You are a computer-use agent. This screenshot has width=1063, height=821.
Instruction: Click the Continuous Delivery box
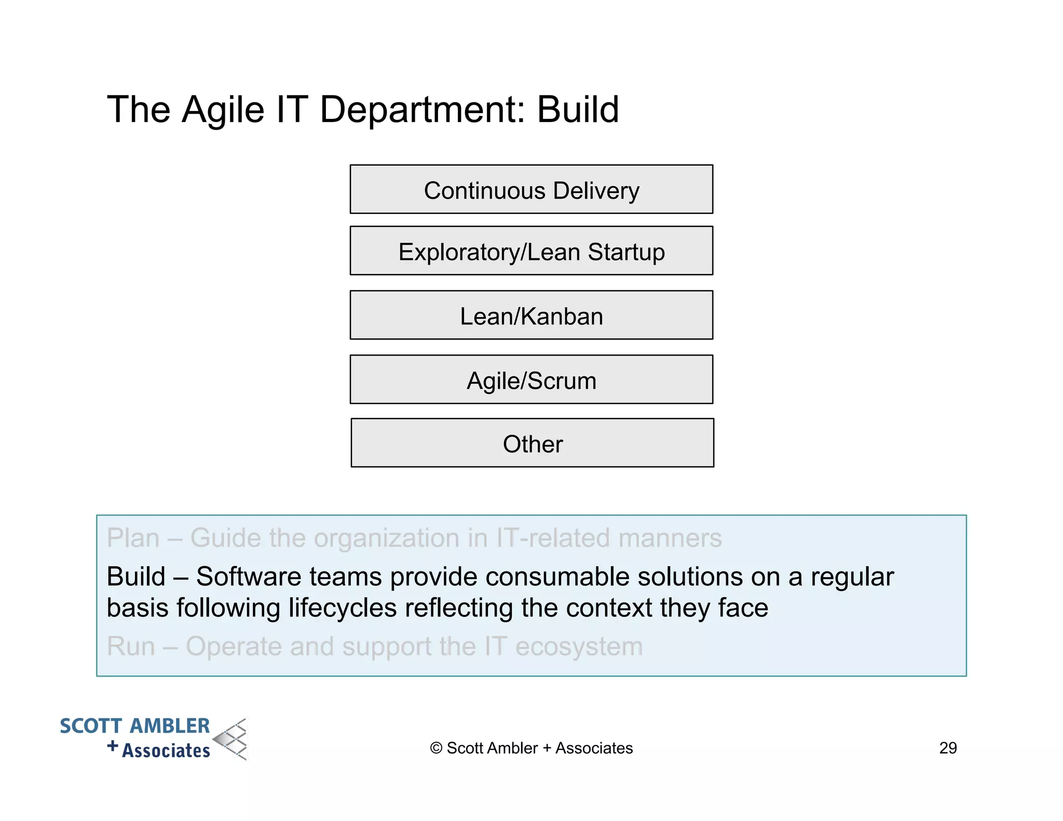pos(531,190)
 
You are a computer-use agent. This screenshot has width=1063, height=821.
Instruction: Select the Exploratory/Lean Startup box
pos(531,251)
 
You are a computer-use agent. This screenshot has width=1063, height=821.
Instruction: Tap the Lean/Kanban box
pos(531,316)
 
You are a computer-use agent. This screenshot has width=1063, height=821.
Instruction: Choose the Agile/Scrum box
pos(531,380)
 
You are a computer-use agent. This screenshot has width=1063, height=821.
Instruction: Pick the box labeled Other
pos(532,443)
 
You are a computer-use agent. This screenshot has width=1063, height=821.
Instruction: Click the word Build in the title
pos(577,110)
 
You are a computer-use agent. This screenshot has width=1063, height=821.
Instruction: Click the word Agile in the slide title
pos(223,110)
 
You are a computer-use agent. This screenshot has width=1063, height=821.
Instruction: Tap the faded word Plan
pos(133,538)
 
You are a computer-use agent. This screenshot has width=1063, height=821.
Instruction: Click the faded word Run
pos(131,647)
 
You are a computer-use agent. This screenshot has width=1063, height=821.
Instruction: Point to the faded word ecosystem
pos(579,647)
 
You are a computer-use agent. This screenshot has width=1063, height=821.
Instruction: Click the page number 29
pos(948,748)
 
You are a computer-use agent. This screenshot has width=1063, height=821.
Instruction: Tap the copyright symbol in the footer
pos(436,748)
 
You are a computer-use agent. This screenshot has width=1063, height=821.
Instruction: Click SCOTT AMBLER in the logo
pos(134,726)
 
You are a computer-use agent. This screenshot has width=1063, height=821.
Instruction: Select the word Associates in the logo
pos(166,750)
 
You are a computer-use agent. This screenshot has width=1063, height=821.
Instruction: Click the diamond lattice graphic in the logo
pos(231,740)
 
